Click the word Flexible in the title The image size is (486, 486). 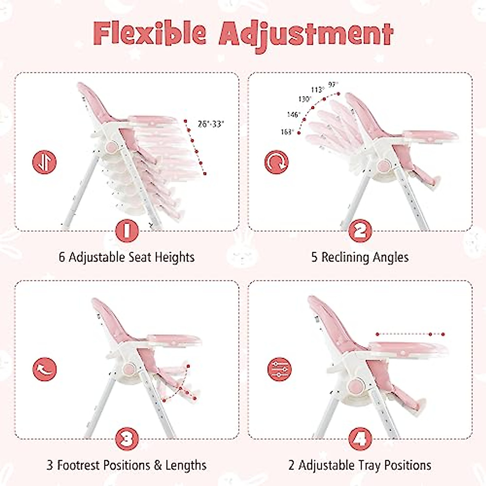[x=151, y=33]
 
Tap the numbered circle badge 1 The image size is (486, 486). [x=127, y=231]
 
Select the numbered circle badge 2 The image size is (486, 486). [x=360, y=231]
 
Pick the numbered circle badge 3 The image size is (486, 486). [x=127, y=438]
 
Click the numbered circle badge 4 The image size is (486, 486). [x=360, y=438]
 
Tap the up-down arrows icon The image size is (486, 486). [x=44, y=162]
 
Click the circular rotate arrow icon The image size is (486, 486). [x=277, y=162]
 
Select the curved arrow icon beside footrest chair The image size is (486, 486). [x=44, y=369]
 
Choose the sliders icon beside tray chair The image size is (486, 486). [x=279, y=369]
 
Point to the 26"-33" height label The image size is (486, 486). [x=211, y=124]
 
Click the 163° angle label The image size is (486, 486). [x=287, y=132]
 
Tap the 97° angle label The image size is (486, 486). [x=333, y=85]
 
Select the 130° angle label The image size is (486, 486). [x=305, y=99]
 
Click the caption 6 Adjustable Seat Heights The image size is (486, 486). [x=127, y=257]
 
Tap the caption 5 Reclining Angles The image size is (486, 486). [x=360, y=257]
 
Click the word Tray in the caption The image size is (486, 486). [x=370, y=465]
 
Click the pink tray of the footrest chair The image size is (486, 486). [x=174, y=339]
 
